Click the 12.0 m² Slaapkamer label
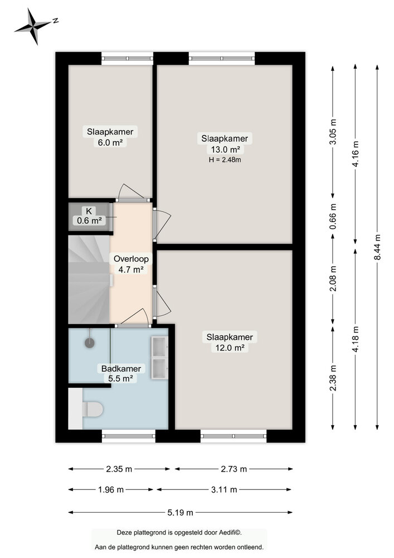tap(230, 342)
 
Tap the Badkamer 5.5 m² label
tap(120, 373)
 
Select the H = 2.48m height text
tap(224, 160)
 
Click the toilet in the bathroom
tap(92, 410)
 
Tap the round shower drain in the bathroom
tap(89, 343)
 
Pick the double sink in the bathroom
tap(159, 358)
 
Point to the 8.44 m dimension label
tap(377, 248)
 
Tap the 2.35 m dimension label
tap(119, 469)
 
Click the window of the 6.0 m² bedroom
tap(127, 57)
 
